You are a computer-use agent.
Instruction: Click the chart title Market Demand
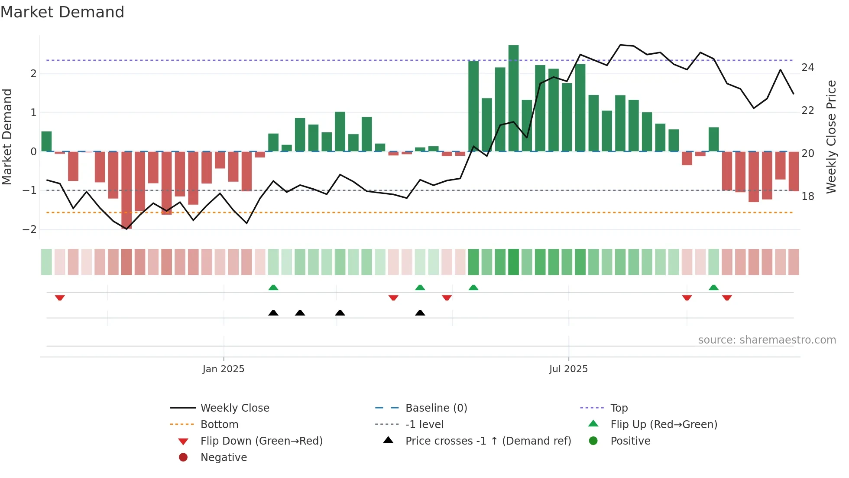pyautogui.click(x=62, y=12)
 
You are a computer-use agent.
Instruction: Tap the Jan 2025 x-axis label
pyautogui.click(x=224, y=369)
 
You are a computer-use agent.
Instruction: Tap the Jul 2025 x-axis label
pyautogui.click(x=568, y=369)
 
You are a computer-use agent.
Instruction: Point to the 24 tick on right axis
pyautogui.click(x=807, y=68)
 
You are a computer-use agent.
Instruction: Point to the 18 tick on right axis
pyautogui.click(x=807, y=196)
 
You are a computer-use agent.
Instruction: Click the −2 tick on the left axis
pyautogui.click(x=30, y=229)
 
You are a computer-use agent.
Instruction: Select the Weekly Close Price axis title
pyautogui.click(x=831, y=137)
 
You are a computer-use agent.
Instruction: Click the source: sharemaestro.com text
pyautogui.click(x=767, y=340)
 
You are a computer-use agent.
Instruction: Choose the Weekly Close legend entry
pyautogui.click(x=234, y=408)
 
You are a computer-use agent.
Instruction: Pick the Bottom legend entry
pyautogui.click(x=219, y=424)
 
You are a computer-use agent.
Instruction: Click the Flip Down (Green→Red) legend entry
pyautogui.click(x=261, y=441)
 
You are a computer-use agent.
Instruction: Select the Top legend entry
pyautogui.click(x=619, y=408)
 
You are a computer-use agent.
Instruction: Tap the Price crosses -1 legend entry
pyautogui.click(x=488, y=441)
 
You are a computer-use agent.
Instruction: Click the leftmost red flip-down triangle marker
pyautogui.click(x=60, y=298)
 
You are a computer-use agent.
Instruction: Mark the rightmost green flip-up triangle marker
pyautogui.click(x=713, y=288)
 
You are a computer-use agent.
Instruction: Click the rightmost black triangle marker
pyautogui.click(x=420, y=313)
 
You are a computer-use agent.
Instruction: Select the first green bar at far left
pyautogui.click(x=46, y=141)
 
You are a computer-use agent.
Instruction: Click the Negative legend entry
pyautogui.click(x=224, y=457)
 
